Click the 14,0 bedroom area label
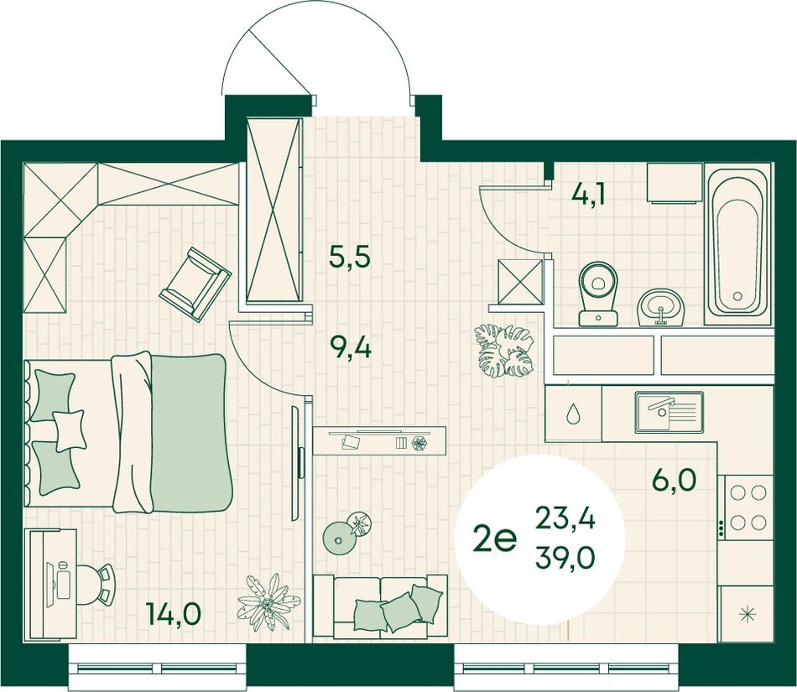tap(174, 614)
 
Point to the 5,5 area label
tap(350, 257)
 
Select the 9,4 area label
tap(351, 349)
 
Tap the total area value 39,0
tap(565, 559)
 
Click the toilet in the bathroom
tap(598, 294)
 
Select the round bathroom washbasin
tap(661, 307)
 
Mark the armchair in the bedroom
tap(195, 284)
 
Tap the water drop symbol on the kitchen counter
tap(573, 414)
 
